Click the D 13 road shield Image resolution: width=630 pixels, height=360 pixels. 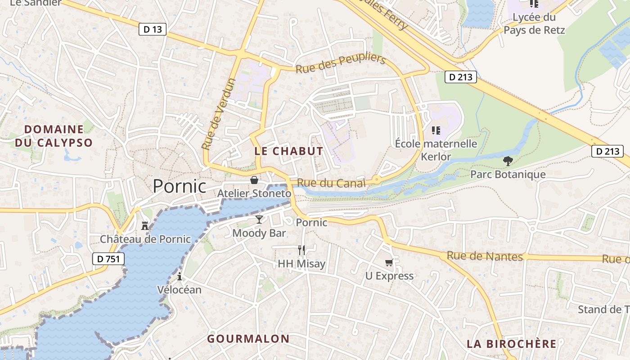[153, 30]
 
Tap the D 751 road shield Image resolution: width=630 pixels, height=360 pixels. [108, 259]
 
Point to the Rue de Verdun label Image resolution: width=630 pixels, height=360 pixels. [219, 114]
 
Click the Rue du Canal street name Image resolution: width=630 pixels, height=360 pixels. [332, 183]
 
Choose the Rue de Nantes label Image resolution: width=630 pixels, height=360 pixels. [485, 256]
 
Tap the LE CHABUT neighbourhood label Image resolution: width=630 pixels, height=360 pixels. [288, 151]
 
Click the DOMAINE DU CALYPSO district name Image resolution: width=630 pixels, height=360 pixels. [54, 136]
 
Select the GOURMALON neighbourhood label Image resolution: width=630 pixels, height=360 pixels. [248, 339]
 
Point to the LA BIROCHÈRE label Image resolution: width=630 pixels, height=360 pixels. [512, 344]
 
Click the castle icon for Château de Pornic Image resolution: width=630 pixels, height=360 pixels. [145, 225]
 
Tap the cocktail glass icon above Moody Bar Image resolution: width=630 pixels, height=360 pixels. [259, 220]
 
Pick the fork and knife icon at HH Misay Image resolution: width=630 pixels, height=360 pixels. [301, 250]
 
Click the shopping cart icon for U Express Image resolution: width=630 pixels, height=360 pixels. [389, 262]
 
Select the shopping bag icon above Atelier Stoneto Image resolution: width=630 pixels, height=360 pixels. [254, 180]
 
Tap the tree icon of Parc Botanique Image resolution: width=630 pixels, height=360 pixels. [508, 161]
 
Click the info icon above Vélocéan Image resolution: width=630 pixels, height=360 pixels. [180, 276]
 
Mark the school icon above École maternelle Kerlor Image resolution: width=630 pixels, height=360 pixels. [436, 130]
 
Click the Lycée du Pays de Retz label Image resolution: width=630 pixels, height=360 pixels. [534, 24]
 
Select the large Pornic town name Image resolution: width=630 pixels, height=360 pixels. [180, 186]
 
